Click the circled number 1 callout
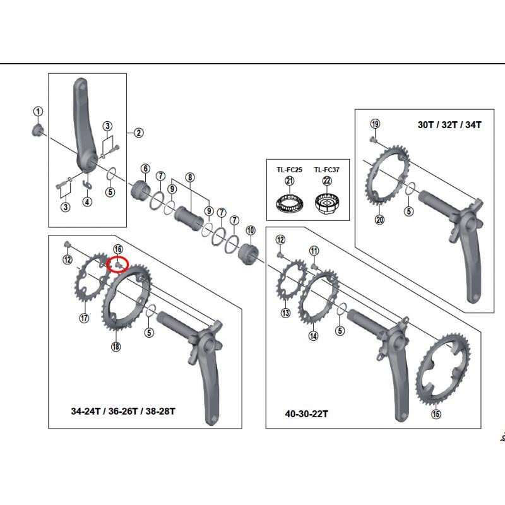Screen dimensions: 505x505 [x=38, y=112]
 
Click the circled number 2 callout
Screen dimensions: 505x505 [x=138, y=133]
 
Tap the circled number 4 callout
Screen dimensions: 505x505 [x=87, y=203]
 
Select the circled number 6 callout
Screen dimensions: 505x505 [x=145, y=169]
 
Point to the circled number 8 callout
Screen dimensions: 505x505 [x=189, y=177]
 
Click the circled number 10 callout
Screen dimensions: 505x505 [x=251, y=230]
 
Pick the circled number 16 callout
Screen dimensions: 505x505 [x=117, y=250]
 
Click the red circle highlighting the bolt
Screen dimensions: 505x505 [x=118, y=264]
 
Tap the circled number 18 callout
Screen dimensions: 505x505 [x=116, y=346]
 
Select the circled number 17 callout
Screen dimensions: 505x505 [x=84, y=318]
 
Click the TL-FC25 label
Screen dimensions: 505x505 [x=290, y=169]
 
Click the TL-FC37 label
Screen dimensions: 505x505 [x=327, y=169]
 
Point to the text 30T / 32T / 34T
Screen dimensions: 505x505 [x=449, y=124]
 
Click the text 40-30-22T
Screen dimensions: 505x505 [x=307, y=414]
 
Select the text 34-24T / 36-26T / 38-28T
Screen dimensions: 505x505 [x=122, y=411]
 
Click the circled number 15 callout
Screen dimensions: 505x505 [x=436, y=414]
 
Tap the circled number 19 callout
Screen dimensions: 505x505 [x=374, y=124]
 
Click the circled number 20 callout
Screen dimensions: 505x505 [x=379, y=220]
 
